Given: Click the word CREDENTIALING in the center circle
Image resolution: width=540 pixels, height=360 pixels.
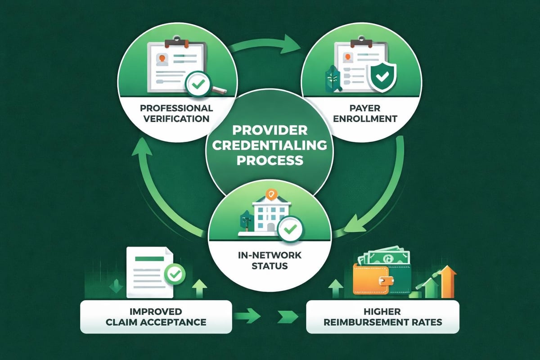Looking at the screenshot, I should pyautogui.click(x=270, y=146).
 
